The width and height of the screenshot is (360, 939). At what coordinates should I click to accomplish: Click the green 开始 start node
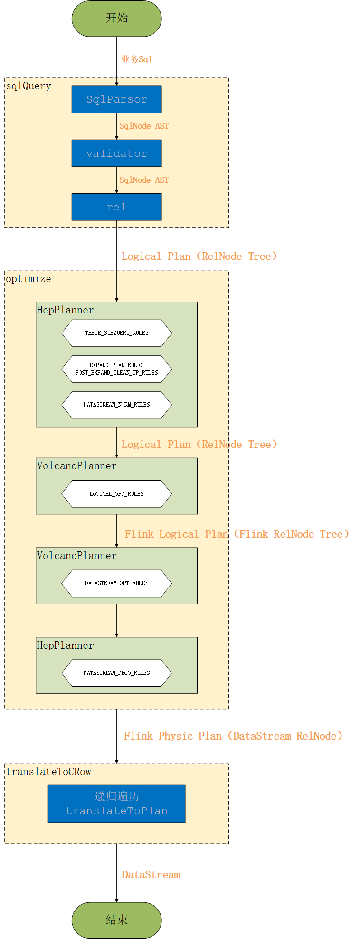[x=116, y=18]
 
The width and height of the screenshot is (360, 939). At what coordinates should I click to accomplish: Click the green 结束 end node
[x=116, y=920]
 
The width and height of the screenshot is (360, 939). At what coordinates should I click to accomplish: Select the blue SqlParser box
[x=116, y=99]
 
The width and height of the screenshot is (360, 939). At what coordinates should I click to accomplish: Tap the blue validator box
[x=116, y=153]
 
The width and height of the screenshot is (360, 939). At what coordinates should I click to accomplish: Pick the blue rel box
[x=116, y=207]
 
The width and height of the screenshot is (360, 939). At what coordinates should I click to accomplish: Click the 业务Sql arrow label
[x=137, y=59]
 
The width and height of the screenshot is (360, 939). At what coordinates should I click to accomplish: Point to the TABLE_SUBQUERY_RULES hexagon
[x=116, y=333]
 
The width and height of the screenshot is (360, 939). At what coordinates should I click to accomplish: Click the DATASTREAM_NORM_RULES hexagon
[x=116, y=405]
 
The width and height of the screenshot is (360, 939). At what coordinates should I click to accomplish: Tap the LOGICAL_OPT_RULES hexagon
[x=116, y=494]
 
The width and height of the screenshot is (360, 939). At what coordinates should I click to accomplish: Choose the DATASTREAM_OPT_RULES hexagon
[x=116, y=583]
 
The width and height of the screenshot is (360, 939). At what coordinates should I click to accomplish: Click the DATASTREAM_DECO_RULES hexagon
[x=116, y=673]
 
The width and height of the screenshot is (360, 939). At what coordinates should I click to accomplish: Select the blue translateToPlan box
[x=116, y=804]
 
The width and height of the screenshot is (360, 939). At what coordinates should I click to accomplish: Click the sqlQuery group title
[x=28, y=86]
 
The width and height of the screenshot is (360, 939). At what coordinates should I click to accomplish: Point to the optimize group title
[x=28, y=279]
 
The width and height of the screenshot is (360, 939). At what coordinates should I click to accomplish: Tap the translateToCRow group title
[x=48, y=772]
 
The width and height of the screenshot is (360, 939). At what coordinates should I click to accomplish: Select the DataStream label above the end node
[x=151, y=875]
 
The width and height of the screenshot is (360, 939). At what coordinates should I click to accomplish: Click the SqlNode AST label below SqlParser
[x=144, y=126]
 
